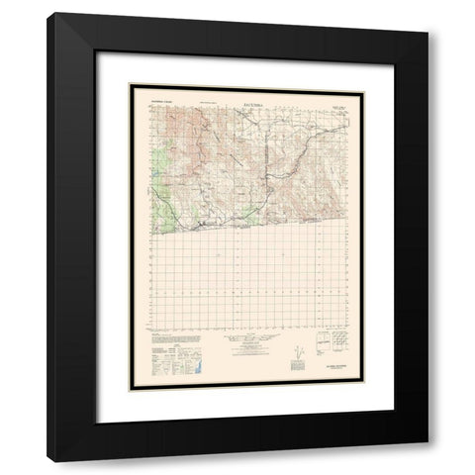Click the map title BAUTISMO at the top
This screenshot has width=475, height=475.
pyautogui.click(x=242, y=97)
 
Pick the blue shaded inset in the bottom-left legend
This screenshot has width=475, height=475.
pyautogui.click(x=193, y=367)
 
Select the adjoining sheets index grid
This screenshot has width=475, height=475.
pyautogui.click(x=339, y=345)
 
